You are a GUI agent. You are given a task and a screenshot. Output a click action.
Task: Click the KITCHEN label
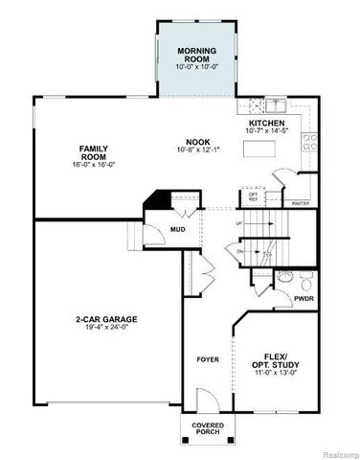point(268,125)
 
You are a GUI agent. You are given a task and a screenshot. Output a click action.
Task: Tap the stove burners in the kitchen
point(309,143)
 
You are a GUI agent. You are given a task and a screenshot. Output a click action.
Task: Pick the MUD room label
point(178,229)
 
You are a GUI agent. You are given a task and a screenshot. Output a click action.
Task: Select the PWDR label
point(304,299)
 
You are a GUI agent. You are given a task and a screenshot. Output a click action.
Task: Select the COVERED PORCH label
point(207,428)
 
